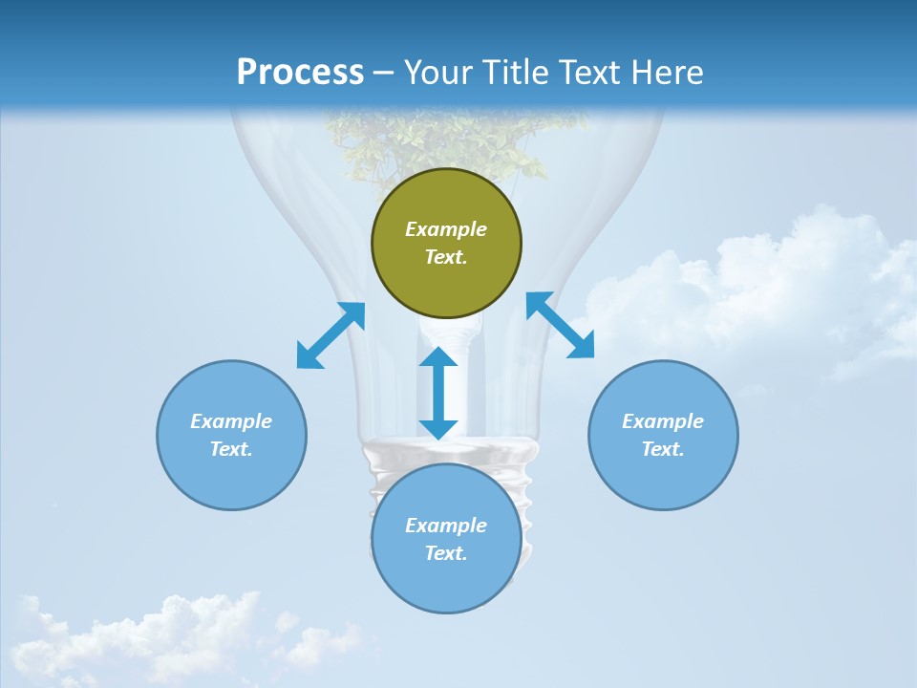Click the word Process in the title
(x=300, y=73)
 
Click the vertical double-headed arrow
(x=438, y=393)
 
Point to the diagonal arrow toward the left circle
(x=331, y=335)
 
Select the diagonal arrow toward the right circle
(x=560, y=325)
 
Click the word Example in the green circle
(x=446, y=229)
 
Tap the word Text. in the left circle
(x=231, y=449)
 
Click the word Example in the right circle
(x=663, y=421)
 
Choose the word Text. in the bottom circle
(x=446, y=553)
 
